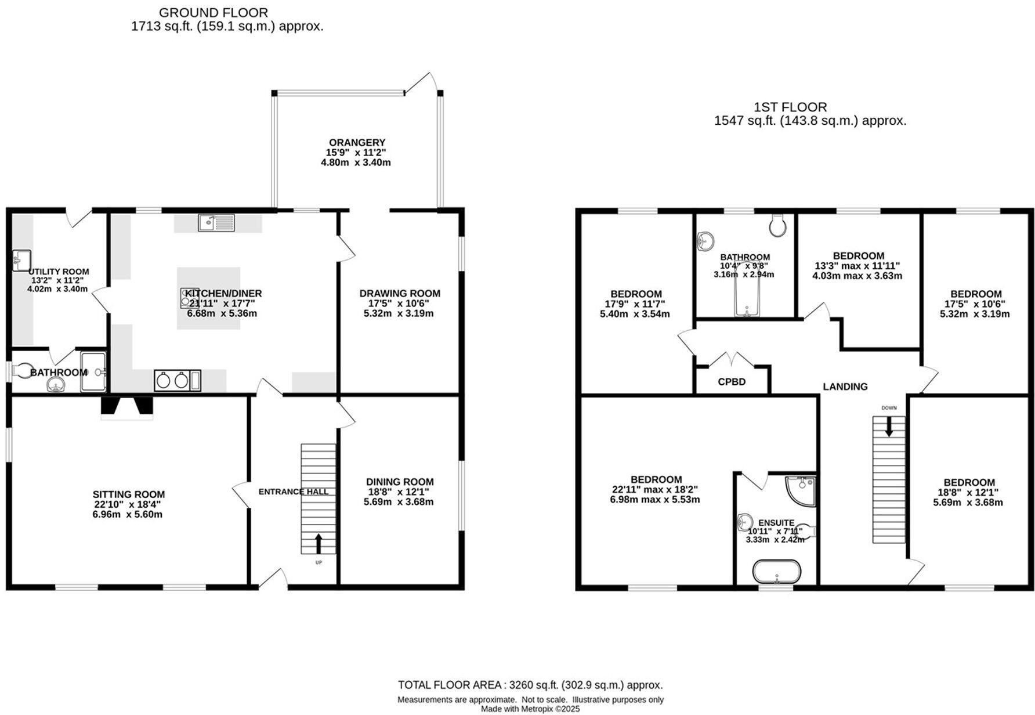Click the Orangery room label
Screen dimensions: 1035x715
coord(357,142)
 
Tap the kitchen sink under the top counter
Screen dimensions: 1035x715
coord(216,222)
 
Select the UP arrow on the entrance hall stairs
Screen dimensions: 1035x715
coord(319,544)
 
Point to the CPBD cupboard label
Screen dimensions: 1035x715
coord(732,382)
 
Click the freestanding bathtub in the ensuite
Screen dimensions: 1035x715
coord(777,571)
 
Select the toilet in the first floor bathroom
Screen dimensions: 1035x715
coord(778,225)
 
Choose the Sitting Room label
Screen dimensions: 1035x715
coord(129,494)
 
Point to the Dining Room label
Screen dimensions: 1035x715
coord(400,482)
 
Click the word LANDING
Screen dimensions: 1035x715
coord(845,387)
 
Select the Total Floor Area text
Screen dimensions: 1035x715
coord(530,685)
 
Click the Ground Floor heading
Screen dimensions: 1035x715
coord(213,13)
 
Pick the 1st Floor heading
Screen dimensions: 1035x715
coord(790,107)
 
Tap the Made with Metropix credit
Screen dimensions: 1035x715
coord(530,709)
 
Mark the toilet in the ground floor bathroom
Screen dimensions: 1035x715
coord(23,370)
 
